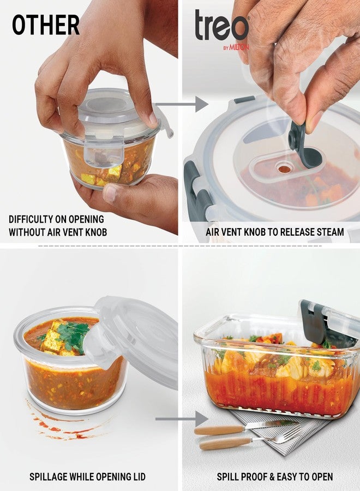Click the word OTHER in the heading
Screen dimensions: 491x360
point(46,25)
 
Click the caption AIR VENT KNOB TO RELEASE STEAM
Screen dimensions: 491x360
point(275,232)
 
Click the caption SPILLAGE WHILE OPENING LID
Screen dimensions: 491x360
point(87,477)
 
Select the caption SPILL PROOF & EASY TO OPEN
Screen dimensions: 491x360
point(275,477)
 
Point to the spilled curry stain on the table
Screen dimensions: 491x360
point(60,423)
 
